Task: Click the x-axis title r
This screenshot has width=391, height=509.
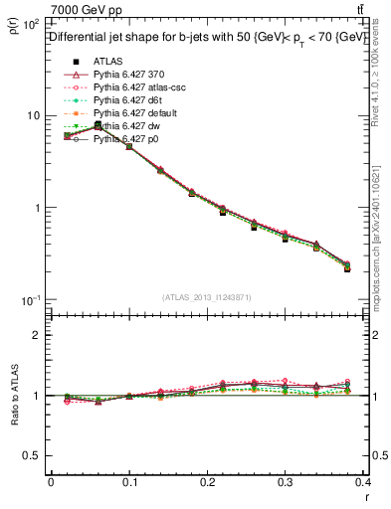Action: coord(366,499)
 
